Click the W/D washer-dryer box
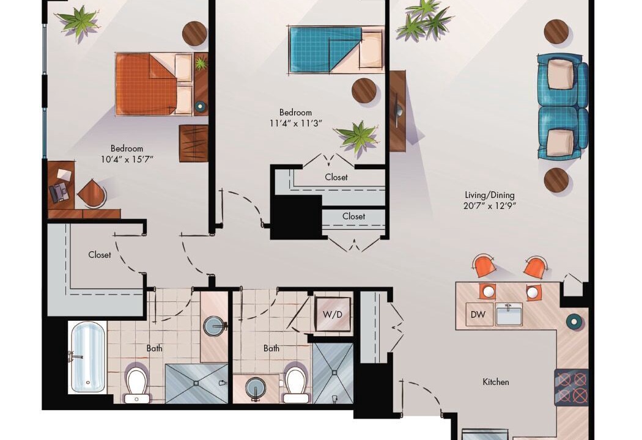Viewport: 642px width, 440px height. tap(333, 314)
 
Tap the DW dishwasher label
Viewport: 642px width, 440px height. tap(478, 314)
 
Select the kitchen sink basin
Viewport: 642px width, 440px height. tap(509, 314)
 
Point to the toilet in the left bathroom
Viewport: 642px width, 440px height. tap(137, 385)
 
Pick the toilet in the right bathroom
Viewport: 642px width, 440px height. tap(295, 385)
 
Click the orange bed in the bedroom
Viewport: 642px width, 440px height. tap(154, 84)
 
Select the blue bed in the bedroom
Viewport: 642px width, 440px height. tap(336, 50)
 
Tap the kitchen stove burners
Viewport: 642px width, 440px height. tap(572, 387)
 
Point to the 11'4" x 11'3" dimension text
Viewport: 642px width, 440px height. tap(296, 123)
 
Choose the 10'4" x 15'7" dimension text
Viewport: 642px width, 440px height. tap(127, 159)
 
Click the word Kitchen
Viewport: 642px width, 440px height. tap(496, 382)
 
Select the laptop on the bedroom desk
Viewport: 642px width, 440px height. tap(59, 192)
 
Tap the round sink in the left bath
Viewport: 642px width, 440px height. tap(215, 326)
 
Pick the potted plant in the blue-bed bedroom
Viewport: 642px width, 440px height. tap(356, 136)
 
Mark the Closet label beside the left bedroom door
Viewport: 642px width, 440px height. tap(100, 255)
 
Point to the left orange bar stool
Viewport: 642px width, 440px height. tap(484, 265)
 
